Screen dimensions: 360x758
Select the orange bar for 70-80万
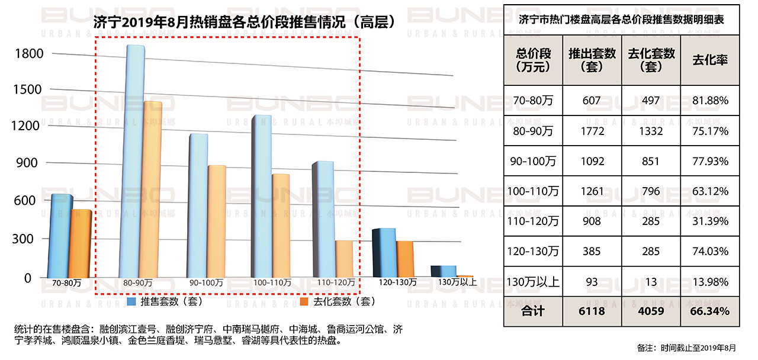click(x=80, y=243)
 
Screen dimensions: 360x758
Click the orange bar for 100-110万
click(x=280, y=225)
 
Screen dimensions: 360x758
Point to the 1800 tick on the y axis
click(x=29, y=54)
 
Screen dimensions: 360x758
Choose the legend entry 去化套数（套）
click(x=338, y=302)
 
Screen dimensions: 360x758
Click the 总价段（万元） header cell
click(x=533, y=60)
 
